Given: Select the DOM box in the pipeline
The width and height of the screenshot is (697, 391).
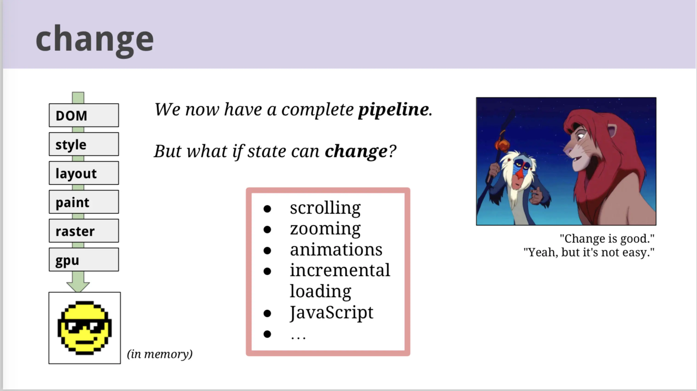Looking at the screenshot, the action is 84,115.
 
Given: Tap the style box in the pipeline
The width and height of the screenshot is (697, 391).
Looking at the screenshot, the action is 84,144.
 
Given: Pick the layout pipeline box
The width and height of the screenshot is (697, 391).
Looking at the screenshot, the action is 84,173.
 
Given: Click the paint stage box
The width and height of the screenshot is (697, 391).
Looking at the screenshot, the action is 84,202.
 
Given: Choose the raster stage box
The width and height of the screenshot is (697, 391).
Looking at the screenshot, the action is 84,231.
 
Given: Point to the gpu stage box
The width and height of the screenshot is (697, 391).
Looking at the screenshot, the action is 84,260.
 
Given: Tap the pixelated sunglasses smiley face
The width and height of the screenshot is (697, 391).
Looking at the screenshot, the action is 85,327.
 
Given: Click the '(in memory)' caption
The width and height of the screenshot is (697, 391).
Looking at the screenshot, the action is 160,354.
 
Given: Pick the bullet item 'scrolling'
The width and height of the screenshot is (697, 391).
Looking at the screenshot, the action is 325,208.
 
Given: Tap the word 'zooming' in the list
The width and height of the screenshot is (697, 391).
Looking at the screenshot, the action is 325,229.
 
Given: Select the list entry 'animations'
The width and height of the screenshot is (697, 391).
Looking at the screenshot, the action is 336,249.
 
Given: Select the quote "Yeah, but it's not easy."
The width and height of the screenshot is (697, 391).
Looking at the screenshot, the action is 589,253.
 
